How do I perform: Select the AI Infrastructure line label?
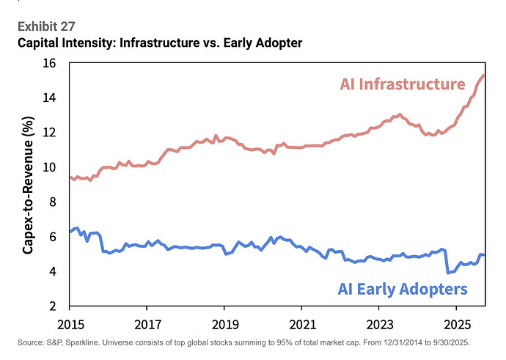[x=402, y=85]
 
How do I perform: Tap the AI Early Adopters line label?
[x=402, y=289]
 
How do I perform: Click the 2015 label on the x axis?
[x=70, y=323]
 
